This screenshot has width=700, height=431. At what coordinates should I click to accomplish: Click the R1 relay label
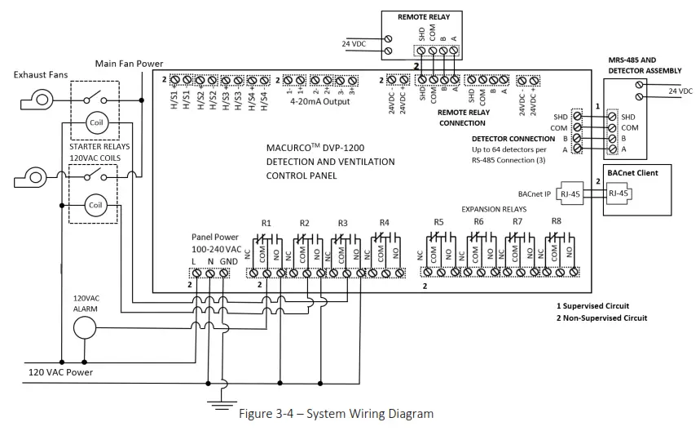tap(266, 223)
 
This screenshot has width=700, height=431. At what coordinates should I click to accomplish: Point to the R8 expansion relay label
tap(556, 221)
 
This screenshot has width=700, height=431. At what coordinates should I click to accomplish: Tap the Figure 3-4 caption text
tap(337, 414)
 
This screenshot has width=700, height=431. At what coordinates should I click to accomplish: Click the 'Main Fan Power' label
tap(129, 64)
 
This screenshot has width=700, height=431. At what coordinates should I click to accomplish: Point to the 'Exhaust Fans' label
tap(41, 75)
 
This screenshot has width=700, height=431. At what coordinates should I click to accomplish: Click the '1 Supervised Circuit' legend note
tap(596, 305)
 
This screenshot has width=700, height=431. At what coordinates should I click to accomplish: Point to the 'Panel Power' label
tap(216, 237)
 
